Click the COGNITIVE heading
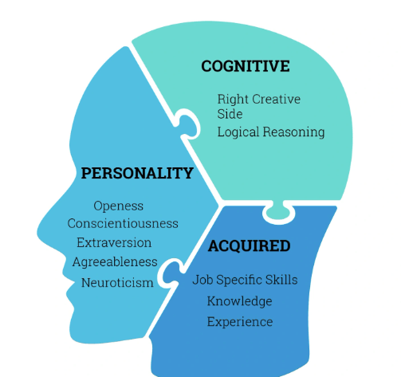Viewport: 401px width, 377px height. tap(246, 66)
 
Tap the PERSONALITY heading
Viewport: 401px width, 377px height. tap(137, 173)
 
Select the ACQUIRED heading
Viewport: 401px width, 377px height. tap(249, 245)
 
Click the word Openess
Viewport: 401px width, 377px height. tap(119, 206)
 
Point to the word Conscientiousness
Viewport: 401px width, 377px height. tap(123, 223)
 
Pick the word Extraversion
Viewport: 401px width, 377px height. tap(114, 242)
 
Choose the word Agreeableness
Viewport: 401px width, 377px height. tap(115, 262)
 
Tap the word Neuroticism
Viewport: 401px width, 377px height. tap(117, 283)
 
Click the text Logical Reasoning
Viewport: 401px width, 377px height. tap(271, 132)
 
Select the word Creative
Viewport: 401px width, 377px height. tap(276, 99)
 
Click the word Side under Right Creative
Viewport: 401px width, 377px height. tap(230, 114)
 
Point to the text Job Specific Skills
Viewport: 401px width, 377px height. tap(245, 280)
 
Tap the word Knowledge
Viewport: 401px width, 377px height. tap(239, 301)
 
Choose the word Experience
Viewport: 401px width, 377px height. tap(240, 322)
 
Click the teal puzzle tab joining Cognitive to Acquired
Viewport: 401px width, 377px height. tap(279, 210)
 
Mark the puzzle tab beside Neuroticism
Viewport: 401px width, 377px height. tap(171, 273)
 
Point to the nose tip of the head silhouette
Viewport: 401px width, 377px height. tap(38, 233)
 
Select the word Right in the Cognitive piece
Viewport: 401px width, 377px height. tap(233, 100)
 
